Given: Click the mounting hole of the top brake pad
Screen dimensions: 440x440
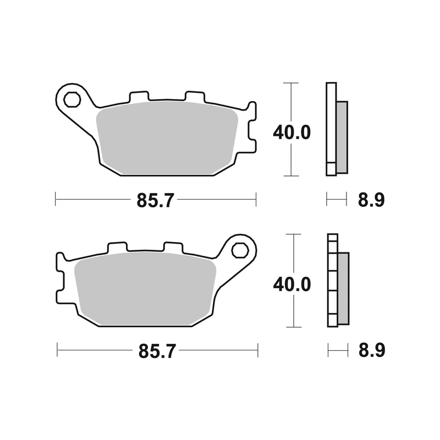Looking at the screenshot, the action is point(72,100).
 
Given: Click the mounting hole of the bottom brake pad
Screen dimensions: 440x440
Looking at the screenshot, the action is point(240,250).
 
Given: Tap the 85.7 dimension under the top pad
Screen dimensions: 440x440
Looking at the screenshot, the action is point(155,200).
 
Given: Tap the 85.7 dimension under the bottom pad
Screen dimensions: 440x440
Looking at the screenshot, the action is point(157,351).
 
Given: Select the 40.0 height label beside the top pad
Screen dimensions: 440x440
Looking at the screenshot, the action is point(292,133).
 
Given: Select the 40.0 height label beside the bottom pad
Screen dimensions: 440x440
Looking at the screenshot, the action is point(292,284).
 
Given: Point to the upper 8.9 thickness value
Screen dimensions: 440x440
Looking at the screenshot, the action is point(371,200).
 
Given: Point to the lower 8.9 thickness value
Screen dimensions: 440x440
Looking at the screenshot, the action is point(372,350).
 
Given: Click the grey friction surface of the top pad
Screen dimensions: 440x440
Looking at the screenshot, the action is point(167,137).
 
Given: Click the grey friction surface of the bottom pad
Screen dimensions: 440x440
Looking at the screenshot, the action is point(145,288).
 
